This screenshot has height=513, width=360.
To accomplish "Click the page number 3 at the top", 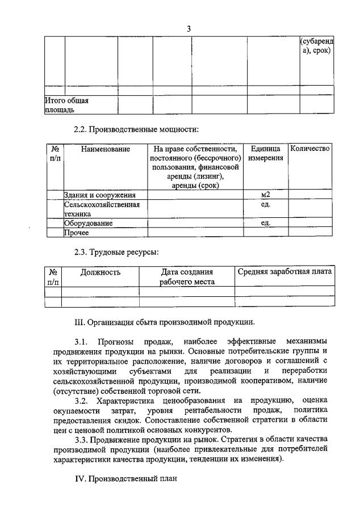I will click(189, 30).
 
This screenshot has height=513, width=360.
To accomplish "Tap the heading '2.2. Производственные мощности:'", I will click(137, 129).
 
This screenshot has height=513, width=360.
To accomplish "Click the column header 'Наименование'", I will click(105, 149).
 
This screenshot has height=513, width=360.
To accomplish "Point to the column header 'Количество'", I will click(309, 149).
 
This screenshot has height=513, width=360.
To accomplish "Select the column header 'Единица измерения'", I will click(265, 153).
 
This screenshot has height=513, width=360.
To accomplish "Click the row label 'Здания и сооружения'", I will click(100, 195).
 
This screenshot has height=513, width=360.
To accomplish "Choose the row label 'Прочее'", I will click(77, 232).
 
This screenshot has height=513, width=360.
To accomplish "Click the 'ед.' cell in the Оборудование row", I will click(265, 223).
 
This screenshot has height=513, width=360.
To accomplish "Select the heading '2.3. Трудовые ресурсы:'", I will click(116, 253).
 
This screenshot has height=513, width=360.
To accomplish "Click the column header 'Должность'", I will click(100, 272).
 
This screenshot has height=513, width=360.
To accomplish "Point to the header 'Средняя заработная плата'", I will click(284, 272).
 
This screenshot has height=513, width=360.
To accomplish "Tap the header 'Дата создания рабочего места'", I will click(187, 277).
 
